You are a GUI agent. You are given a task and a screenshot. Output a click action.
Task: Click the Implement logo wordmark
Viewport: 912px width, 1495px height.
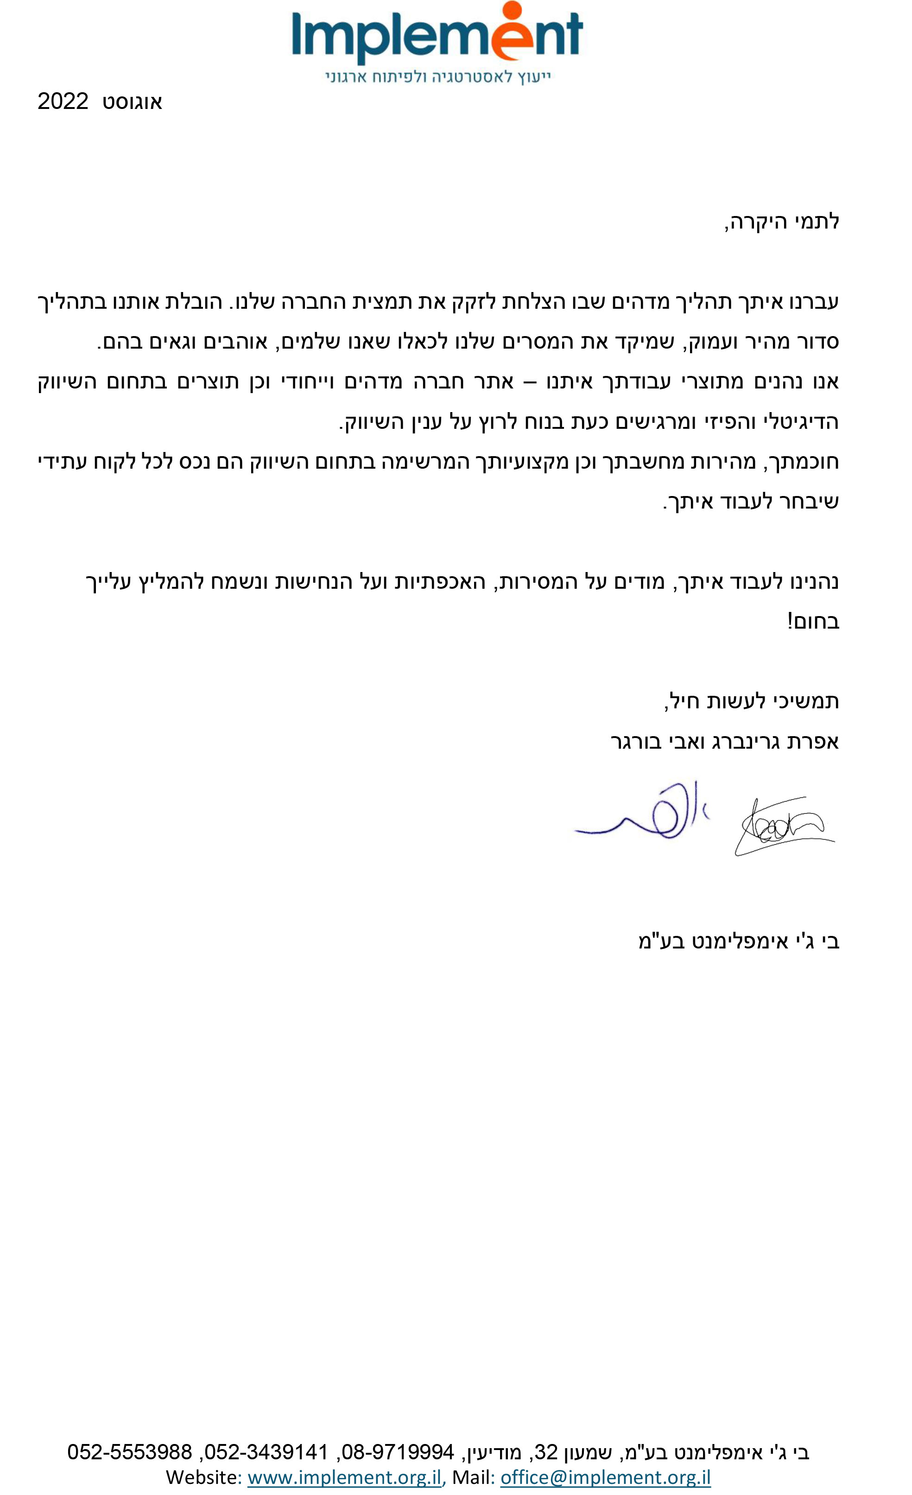(x=437, y=37)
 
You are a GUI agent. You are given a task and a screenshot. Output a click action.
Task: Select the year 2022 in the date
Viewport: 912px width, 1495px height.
(x=63, y=102)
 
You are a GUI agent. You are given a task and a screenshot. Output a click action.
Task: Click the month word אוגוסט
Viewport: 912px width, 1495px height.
(x=132, y=102)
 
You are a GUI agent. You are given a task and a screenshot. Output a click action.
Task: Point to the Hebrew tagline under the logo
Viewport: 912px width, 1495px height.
(x=438, y=77)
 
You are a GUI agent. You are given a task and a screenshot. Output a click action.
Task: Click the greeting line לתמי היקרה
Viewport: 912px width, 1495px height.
(x=782, y=222)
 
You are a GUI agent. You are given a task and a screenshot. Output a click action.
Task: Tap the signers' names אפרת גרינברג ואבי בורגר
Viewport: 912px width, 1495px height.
(x=725, y=741)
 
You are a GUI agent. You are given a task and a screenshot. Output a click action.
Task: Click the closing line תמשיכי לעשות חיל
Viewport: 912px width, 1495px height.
(x=752, y=701)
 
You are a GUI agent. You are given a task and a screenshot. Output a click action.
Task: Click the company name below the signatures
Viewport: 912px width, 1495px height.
(x=739, y=941)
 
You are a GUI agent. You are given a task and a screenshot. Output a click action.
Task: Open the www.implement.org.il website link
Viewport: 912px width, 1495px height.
(x=344, y=1477)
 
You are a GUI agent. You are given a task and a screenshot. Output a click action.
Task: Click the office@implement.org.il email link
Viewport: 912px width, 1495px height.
(x=605, y=1477)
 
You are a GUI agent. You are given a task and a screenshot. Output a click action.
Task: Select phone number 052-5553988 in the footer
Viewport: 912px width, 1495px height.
(x=130, y=1452)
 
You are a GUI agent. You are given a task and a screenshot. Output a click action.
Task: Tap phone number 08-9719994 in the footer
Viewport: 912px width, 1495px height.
(x=398, y=1452)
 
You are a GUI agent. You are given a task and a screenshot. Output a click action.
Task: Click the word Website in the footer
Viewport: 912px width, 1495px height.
(x=203, y=1477)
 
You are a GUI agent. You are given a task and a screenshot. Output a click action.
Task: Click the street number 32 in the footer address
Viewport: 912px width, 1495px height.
(x=546, y=1452)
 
